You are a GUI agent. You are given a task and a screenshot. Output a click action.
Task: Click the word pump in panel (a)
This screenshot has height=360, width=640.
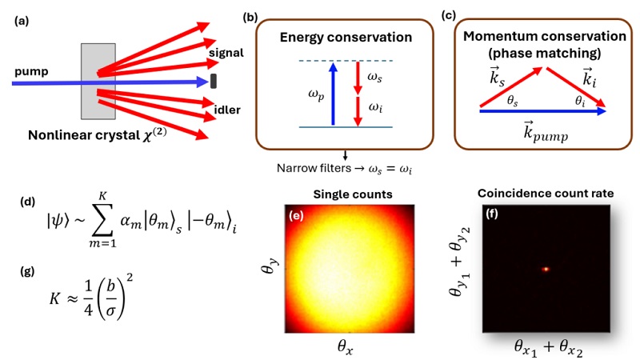point(31,72)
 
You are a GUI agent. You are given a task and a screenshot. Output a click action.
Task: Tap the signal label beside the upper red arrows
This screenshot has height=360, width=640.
point(226,53)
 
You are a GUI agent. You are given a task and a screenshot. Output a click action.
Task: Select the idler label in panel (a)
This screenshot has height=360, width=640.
point(227,110)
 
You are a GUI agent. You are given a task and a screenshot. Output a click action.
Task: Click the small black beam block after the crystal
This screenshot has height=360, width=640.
point(214,82)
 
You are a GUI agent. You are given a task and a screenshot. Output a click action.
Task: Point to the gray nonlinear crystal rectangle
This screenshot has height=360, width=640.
point(98,82)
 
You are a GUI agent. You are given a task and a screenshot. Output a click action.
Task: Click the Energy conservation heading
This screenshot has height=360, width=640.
point(346,37)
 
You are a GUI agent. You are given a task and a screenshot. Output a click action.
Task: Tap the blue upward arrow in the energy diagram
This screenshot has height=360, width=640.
point(333,94)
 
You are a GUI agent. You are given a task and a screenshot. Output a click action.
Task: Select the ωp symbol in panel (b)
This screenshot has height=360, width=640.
point(316,95)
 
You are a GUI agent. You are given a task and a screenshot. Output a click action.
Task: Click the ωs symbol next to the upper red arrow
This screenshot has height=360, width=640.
point(374,76)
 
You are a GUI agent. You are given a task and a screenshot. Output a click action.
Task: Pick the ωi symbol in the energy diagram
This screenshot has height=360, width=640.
point(375,107)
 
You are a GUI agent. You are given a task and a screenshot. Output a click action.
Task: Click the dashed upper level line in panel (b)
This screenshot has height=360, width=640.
point(346,61)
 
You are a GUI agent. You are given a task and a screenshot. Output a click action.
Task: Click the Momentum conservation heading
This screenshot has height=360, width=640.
point(545,36)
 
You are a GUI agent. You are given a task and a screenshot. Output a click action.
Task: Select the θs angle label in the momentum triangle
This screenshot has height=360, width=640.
point(513,101)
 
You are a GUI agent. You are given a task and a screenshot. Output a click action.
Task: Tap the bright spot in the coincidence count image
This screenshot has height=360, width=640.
point(546,269)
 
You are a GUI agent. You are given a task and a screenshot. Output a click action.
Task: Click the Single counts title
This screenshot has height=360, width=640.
point(353,194)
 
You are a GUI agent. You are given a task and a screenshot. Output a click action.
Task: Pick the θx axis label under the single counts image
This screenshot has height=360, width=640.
point(346,346)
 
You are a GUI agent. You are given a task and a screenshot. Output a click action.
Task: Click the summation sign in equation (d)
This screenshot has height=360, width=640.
point(103,220)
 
